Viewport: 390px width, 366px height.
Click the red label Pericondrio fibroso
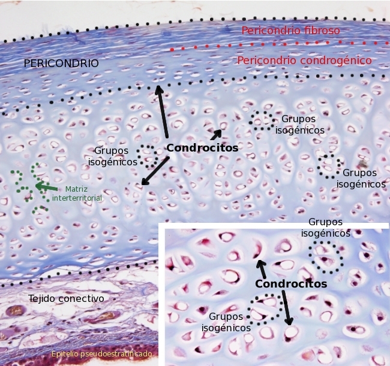tap(290, 31)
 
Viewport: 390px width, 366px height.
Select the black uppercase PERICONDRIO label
tap(61, 63)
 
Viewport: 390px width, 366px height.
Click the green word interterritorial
tap(77, 198)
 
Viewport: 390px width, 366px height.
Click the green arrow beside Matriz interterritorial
tap(47, 187)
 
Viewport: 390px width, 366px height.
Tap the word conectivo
tap(85, 298)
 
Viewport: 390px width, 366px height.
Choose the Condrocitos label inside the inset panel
tap(291, 284)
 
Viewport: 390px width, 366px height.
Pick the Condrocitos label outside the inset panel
tap(202, 148)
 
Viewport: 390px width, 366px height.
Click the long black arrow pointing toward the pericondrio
tap(162, 114)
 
